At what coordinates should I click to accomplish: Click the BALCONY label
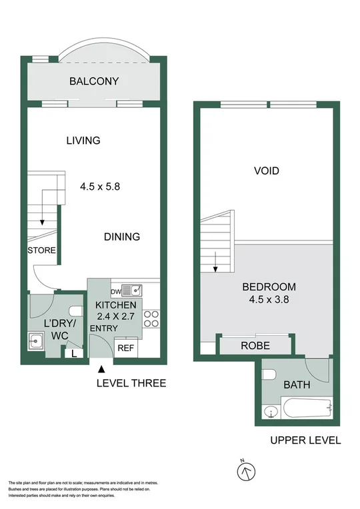[94, 82]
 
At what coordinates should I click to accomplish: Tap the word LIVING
[83, 141]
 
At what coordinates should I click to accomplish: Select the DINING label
[122, 237]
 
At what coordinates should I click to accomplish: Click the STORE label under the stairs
[41, 251]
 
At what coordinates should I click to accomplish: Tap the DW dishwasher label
[116, 290]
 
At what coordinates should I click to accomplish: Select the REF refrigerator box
[125, 347]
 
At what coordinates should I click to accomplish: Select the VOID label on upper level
[266, 171]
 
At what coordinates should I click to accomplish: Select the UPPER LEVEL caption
[305, 440]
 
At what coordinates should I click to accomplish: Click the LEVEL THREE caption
[131, 383]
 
